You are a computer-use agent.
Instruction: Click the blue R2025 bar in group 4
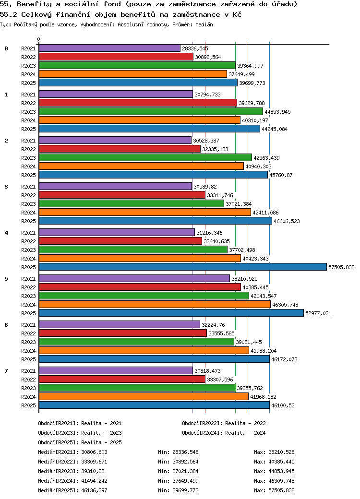(x=183, y=267)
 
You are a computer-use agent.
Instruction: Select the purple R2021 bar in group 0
(x=109, y=48)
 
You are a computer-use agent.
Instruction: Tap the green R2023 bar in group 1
(x=151, y=112)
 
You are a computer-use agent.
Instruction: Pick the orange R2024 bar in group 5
(x=155, y=305)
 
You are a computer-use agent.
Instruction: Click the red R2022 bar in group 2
(x=120, y=149)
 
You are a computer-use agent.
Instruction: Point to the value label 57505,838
(x=341, y=267)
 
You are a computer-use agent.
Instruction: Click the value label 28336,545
(x=195, y=48)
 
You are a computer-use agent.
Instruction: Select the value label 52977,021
(x=318, y=313)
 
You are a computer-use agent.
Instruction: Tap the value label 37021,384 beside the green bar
(x=239, y=204)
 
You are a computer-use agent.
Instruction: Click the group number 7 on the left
(x=6, y=371)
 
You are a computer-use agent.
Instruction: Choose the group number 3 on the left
(x=6, y=187)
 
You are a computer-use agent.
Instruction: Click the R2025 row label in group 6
(x=29, y=359)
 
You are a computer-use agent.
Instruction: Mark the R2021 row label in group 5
(x=29, y=279)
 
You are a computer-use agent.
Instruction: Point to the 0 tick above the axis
(x=38, y=39)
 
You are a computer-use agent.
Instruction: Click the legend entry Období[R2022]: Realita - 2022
(x=224, y=423)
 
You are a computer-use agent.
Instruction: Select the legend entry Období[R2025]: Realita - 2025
(x=80, y=442)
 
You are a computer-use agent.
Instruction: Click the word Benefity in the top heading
(x=34, y=4)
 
